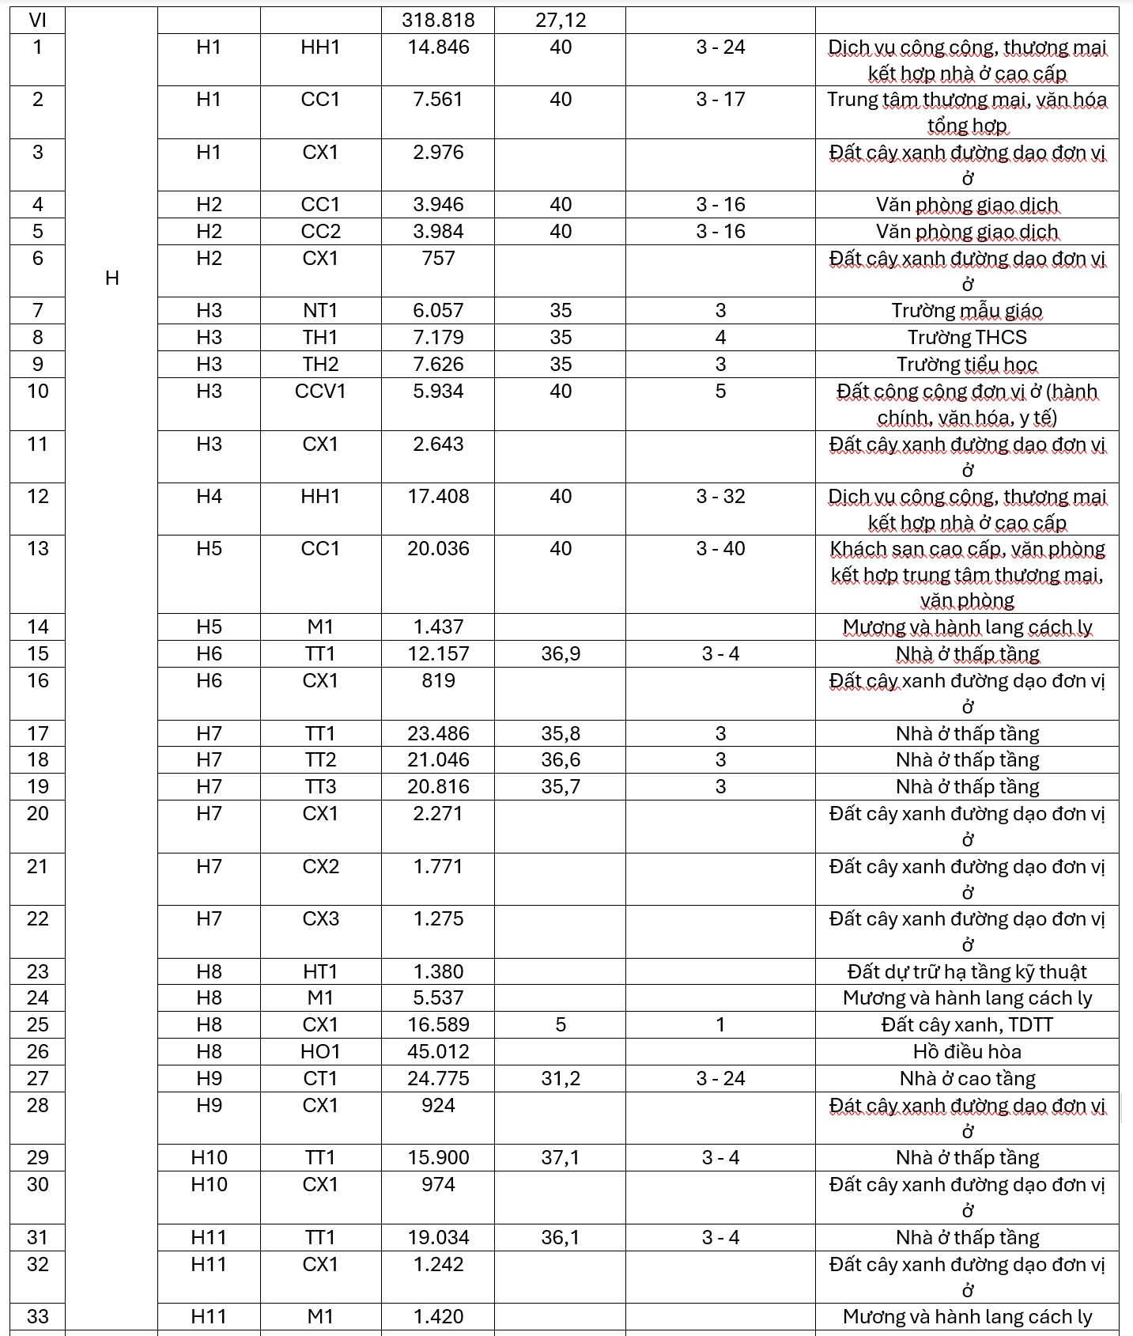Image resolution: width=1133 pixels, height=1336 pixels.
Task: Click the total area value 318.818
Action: coord(438,20)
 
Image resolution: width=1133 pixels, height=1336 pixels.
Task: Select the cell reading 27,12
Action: coord(561,20)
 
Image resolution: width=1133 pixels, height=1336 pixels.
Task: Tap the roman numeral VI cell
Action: coord(37,20)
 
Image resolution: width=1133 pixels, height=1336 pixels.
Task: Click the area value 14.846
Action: coord(438,47)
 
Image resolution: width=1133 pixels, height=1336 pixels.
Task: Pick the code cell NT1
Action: coord(320,311)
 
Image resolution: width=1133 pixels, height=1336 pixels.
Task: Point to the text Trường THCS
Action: coord(967,338)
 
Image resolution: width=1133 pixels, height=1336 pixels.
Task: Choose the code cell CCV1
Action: coord(320,392)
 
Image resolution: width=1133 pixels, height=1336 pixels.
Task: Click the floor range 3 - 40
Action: coord(720,549)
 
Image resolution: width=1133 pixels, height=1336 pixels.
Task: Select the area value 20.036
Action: coord(438,549)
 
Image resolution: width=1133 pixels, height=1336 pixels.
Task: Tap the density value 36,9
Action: coord(561,654)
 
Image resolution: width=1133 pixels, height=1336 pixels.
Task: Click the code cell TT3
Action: coord(320,787)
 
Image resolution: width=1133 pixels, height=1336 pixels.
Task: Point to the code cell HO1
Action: coord(320,1052)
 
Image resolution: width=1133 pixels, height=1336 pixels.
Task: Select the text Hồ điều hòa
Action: coord(967,1052)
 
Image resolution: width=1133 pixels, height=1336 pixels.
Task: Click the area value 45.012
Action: coord(438,1052)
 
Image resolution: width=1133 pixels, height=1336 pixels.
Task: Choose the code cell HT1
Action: coord(320,972)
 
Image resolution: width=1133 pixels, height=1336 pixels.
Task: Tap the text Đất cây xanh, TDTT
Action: coord(967,1025)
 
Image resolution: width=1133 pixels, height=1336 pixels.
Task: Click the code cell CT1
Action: coord(320,1079)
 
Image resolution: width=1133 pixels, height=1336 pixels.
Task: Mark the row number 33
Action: coord(37,1317)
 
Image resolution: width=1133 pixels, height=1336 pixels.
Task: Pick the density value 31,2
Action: coord(561,1079)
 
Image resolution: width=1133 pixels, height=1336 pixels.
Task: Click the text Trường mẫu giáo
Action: coord(967,311)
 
